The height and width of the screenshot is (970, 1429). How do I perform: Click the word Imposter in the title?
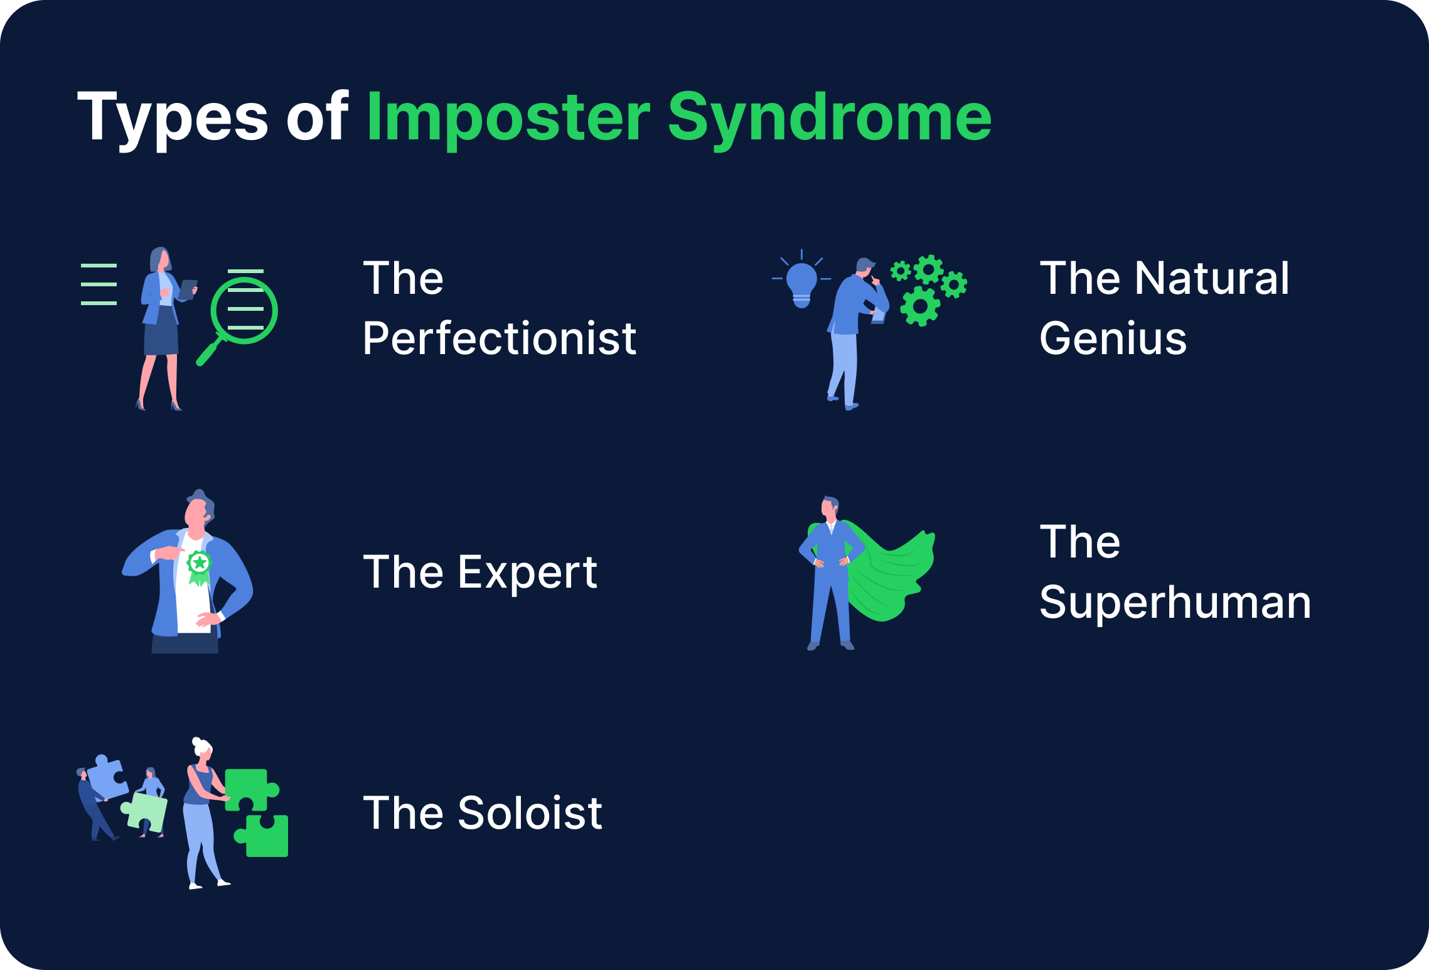508,118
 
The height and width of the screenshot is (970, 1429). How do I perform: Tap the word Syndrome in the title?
829,118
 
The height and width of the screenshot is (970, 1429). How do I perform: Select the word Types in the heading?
173,118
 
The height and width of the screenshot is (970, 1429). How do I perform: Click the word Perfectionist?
500,338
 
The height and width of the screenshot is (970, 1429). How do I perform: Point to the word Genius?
1113,338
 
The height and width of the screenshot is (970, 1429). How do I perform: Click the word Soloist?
530,813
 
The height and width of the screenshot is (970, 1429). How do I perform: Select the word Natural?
1211,278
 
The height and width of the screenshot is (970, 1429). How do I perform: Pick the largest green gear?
920,306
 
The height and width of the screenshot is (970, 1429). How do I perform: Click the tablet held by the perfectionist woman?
188,289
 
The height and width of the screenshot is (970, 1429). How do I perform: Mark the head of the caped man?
830,507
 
